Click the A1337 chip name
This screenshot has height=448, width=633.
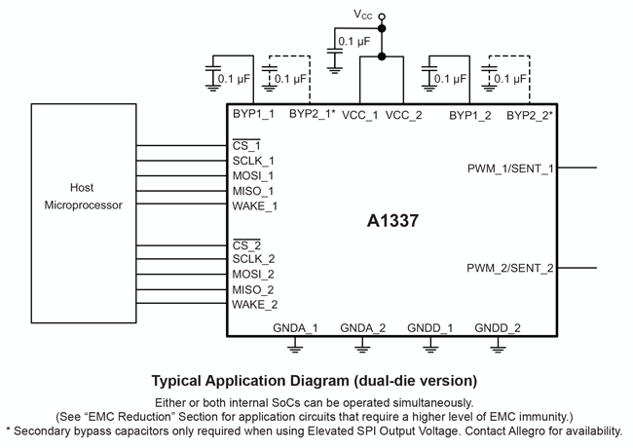tap(393, 221)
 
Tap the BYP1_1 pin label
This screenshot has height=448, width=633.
tap(253, 115)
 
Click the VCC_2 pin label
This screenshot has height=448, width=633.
tap(404, 115)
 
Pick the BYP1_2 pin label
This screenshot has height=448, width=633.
tap(470, 115)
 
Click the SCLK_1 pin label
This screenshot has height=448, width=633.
tap(253, 161)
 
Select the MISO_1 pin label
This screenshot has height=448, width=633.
tap(253, 191)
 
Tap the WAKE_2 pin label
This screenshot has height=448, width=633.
tap(254, 304)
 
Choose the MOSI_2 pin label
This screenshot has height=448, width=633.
tap(253, 274)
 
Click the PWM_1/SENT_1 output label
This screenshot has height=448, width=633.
tap(510, 168)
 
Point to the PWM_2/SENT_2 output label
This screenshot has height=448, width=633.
tap(510, 268)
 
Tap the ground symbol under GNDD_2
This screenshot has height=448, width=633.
tap(498, 343)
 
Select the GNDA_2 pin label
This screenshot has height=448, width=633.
tap(363, 327)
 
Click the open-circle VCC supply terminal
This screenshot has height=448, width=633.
tap(382, 16)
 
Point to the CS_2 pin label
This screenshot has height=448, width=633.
tap(246, 243)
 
